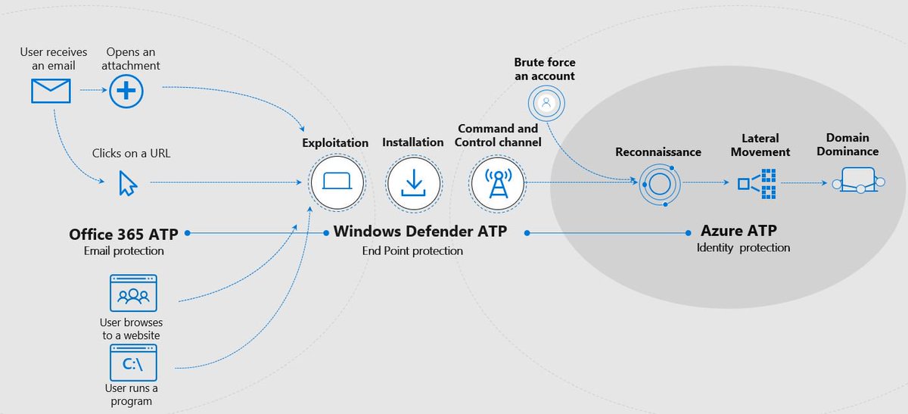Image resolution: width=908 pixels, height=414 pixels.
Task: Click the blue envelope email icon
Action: (51, 91)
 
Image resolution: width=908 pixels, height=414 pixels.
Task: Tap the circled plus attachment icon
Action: (126, 91)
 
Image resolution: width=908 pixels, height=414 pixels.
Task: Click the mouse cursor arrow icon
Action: (127, 183)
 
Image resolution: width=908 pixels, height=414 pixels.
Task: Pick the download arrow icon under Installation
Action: (413, 183)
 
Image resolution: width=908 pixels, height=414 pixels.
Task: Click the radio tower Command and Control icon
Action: (497, 182)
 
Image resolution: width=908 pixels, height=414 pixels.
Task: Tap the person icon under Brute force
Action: (547, 101)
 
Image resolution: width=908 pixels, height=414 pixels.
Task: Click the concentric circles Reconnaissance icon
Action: (655, 183)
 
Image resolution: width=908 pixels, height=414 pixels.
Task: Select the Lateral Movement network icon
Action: (758, 183)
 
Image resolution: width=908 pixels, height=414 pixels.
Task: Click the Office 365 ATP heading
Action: (123, 234)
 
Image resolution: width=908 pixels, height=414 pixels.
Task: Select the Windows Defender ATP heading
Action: (420, 232)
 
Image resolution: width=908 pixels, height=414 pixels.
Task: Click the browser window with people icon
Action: (134, 294)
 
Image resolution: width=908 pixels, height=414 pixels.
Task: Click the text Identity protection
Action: (743, 247)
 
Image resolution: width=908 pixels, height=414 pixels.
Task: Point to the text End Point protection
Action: (412, 251)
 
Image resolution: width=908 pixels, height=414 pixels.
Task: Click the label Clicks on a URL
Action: (132, 153)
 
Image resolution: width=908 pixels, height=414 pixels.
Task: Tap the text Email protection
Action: (123, 251)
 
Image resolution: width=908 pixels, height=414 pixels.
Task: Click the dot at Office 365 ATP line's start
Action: (187, 234)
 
